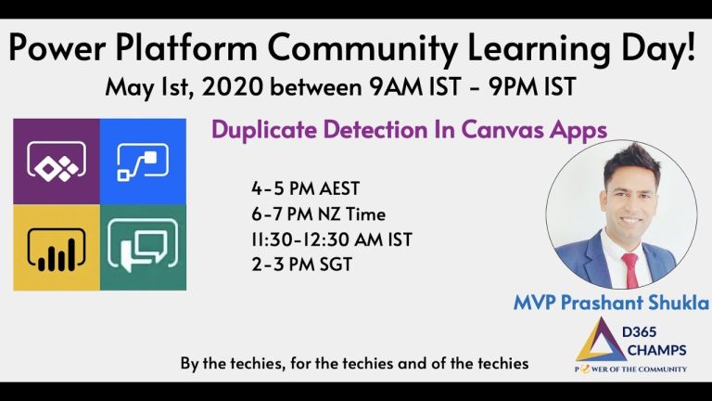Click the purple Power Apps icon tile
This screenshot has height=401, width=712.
coord(57,162)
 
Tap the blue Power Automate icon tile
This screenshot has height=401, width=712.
coord(143,162)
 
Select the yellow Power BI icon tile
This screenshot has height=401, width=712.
coord(57,246)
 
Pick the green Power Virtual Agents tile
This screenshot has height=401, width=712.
coord(143,246)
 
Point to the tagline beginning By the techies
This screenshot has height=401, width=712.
coord(355,364)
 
